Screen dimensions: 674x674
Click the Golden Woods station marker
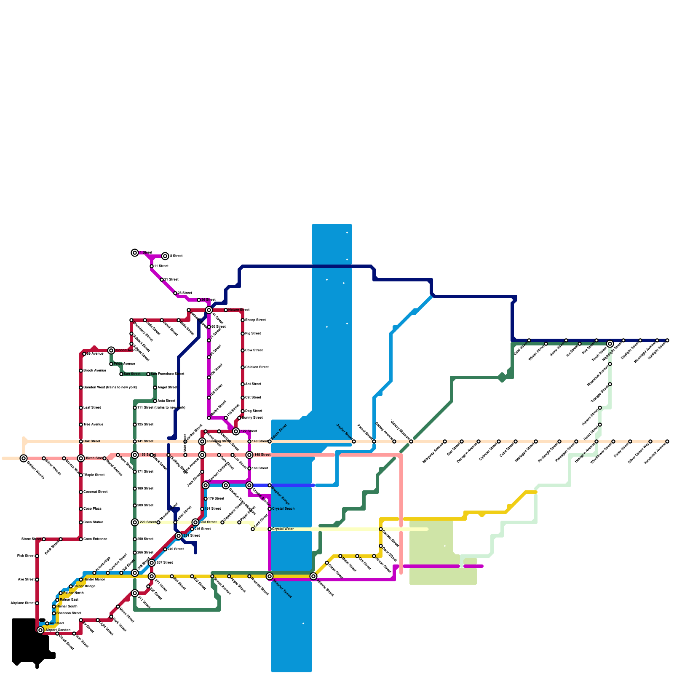[x=24, y=458]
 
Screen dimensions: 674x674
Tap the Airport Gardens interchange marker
[x=40, y=630]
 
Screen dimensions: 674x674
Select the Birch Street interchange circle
[x=81, y=458]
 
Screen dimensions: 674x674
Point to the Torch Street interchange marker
[x=610, y=344]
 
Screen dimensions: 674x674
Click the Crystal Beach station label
[x=284, y=509]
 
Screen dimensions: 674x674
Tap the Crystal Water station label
[x=283, y=529]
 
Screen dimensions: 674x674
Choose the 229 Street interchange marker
[x=135, y=522]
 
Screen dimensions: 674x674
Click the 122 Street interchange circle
[x=236, y=431]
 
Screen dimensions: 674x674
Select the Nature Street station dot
[x=226, y=310]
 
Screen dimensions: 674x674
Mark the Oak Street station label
[x=92, y=441]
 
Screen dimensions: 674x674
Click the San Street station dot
[x=121, y=374]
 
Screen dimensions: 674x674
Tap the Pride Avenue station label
[x=124, y=364]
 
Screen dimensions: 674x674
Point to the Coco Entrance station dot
[x=81, y=539]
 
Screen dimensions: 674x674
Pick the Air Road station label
[x=57, y=623]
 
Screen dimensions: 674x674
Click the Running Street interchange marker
[x=202, y=441]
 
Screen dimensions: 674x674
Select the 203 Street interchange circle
[x=195, y=522]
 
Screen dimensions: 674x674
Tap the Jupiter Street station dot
[x=354, y=441]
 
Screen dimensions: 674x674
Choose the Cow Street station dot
[x=243, y=350]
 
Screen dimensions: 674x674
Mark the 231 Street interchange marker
[x=179, y=536]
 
